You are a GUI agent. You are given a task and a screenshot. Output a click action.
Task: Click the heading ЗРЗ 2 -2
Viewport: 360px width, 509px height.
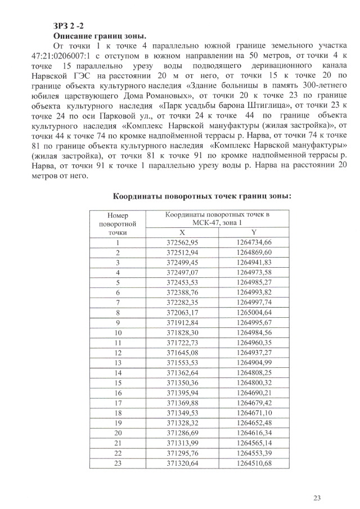[69, 26]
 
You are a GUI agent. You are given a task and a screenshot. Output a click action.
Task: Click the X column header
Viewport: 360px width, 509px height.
[182, 232]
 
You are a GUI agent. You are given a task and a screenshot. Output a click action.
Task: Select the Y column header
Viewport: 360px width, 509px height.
[254, 232]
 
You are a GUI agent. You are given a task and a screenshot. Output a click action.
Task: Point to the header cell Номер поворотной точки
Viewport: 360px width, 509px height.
[118, 223]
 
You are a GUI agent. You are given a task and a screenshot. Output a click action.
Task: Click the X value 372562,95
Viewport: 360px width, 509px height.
[182, 242]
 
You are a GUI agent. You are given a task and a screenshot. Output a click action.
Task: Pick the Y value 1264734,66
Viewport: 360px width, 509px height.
[254, 242]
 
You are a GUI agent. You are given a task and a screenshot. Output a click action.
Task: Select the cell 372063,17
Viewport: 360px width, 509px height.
[182, 313]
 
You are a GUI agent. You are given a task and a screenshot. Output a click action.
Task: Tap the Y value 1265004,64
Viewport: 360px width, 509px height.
[254, 313]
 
